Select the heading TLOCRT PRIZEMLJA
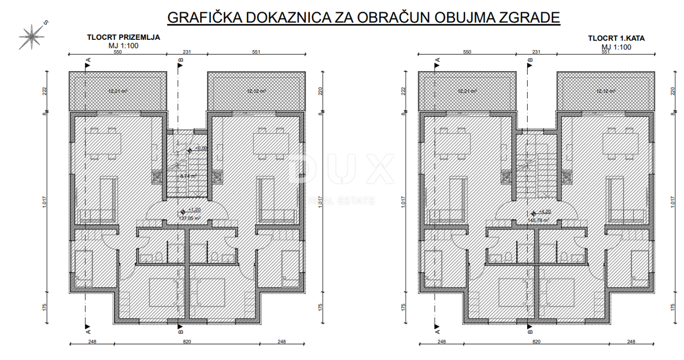123,38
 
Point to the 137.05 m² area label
190,218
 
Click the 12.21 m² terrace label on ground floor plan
117,91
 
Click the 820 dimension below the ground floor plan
187,342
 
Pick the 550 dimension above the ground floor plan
117,52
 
